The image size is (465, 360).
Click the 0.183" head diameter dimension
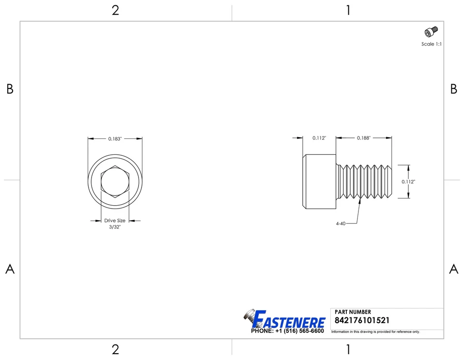115,139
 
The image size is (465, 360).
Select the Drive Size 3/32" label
115,224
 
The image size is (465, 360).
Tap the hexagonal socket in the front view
115,182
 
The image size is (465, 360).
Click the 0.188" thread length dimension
364,138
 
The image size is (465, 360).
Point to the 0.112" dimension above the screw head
319,138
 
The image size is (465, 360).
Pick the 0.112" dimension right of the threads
408,182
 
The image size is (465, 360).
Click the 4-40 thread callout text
341,224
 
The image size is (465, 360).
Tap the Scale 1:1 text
431,44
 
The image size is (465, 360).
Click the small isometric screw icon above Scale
431,32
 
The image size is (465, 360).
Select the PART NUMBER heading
353,312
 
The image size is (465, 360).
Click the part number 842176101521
362,321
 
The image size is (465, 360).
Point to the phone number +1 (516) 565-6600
287,331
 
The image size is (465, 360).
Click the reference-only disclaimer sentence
375,332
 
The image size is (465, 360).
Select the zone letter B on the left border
10,89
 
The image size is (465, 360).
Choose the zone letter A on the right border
453,270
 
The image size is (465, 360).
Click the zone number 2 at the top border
115,11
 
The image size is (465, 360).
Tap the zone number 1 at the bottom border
348,349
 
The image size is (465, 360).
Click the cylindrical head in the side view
319,182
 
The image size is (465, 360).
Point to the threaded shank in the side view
365,182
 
